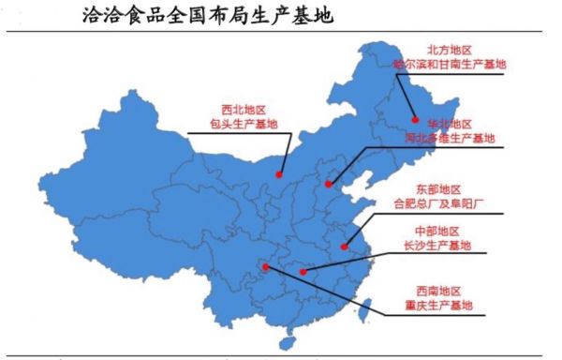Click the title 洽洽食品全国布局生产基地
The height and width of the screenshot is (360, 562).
[206, 16]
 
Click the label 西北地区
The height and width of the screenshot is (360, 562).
[243, 109]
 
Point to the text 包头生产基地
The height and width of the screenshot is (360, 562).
[243, 124]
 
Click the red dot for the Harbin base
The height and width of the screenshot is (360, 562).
[414, 118]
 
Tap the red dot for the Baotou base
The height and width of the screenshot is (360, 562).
[280, 172]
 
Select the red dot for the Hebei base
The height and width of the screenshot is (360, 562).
[328, 184]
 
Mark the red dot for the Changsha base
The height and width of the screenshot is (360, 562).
[303, 272]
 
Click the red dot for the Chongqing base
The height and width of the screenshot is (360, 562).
[267, 266]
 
